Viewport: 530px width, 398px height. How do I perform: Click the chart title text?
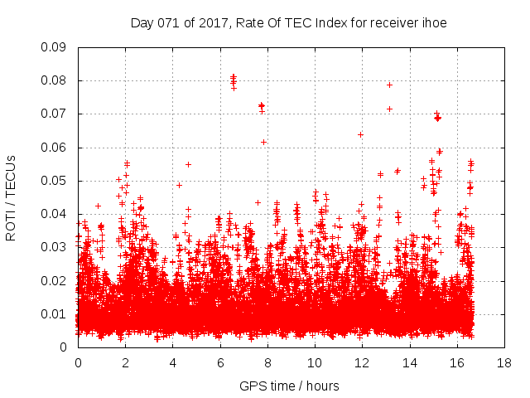tap(289, 23)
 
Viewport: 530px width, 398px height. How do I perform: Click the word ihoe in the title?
tap(433, 23)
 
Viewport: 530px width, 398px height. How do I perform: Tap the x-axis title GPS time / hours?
tap(289, 386)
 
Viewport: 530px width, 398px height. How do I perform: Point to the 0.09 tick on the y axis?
tap(54, 47)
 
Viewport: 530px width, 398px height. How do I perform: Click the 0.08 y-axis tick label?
tap(54, 80)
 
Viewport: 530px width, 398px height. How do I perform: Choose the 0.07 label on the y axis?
tap(54, 114)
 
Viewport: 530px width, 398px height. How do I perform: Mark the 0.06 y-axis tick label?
tap(54, 148)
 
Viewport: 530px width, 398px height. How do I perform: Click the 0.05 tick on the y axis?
tap(54, 181)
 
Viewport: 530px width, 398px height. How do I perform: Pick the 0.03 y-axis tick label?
tap(54, 247)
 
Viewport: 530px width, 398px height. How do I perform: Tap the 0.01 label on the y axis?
tap(54, 313)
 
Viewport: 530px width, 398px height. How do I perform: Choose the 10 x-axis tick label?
tap(315, 362)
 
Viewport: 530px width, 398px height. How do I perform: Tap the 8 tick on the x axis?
tap(267, 362)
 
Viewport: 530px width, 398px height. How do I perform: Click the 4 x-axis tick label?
tap(173, 362)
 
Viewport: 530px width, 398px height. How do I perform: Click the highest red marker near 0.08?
tap(234, 77)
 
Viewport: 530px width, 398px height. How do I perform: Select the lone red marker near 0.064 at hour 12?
tap(360, 134)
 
